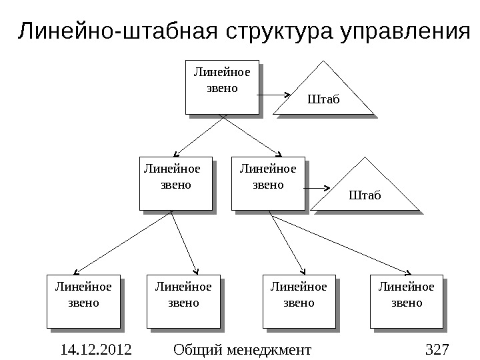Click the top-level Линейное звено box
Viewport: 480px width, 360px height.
(x=219, y=86)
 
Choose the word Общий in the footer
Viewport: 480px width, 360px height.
(x=197, y=349)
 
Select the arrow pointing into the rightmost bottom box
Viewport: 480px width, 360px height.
(x=340, y=243)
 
